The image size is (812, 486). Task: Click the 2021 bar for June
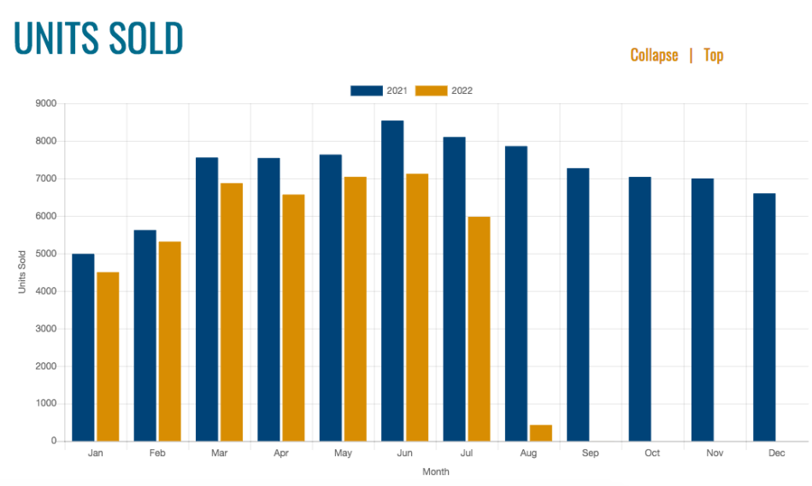[392, 281]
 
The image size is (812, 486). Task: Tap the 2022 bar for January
[108, 356]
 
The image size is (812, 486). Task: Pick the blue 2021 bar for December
[764, 317]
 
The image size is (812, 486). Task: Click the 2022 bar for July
[479, 329]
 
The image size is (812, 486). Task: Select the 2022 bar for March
[232, 312]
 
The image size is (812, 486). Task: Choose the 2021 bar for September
[578, 304]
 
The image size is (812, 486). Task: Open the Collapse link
[654, 56]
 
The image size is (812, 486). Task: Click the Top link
[713, 56]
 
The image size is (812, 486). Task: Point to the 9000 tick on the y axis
[45, 103]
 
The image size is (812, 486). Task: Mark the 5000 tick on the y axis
[45, 254]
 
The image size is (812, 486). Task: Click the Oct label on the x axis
[652, 454]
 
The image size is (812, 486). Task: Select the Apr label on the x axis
[281, 454]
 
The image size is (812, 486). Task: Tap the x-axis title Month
[435, 471]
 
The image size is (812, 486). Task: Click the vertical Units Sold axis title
[22, 272]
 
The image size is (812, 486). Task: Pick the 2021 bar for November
[702, 309]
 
